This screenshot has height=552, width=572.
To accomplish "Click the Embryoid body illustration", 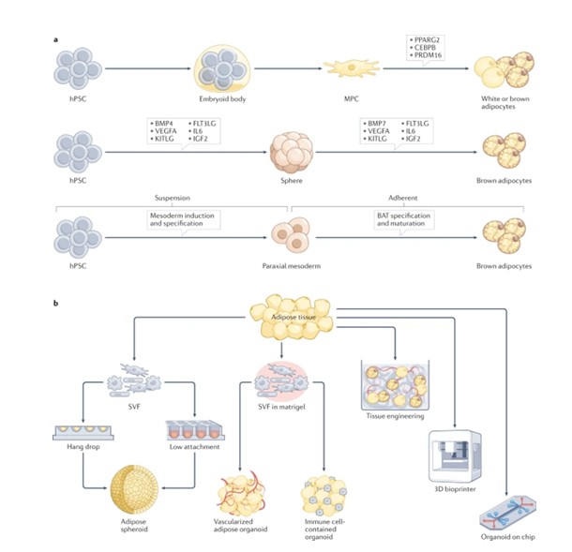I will (x=222, y=68).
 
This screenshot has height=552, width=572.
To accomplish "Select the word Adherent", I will (x=407, y=198).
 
